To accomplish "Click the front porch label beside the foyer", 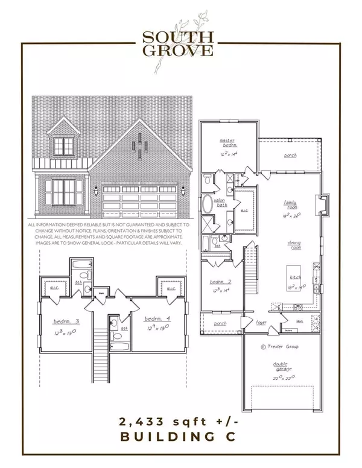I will coord(220,324).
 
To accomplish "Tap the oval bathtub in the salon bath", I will coord(207,205).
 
